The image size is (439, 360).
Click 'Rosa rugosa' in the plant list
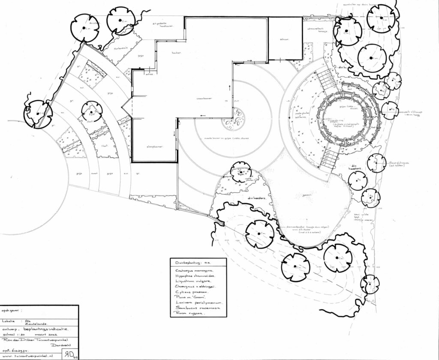tap(189, 313)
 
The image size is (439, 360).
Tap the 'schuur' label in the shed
tap(284, 39)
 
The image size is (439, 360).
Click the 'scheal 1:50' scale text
tap(11, 336)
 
